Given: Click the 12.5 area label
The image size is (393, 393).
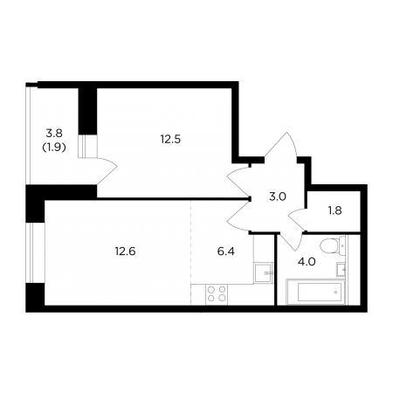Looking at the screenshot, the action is click(170, 139).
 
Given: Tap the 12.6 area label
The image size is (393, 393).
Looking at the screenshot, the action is click(125, 251).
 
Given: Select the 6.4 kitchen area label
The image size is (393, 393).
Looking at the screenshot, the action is click(226, 251).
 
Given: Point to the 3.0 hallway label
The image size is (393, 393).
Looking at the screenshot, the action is click(278, 196).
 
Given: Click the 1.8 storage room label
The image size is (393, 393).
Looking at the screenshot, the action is click(334, 210).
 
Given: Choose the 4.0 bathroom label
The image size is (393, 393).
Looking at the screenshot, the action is click(307, 262).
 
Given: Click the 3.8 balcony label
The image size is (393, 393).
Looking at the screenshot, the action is click(54, 134).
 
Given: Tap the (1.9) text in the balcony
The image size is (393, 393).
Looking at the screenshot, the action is click(54, 148).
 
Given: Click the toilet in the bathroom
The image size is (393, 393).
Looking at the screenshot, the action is click(332, 245).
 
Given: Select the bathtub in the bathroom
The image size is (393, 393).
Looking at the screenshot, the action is click(316, 292).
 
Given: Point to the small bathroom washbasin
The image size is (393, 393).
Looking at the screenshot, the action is click(341, 269).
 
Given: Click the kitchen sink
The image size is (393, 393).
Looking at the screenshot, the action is click(264, 272).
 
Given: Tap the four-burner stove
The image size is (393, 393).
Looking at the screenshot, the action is click(217, 294).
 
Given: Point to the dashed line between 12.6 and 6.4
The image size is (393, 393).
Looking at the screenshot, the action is click(191, 252).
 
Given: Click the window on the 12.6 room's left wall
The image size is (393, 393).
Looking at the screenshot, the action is click(35, 252).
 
